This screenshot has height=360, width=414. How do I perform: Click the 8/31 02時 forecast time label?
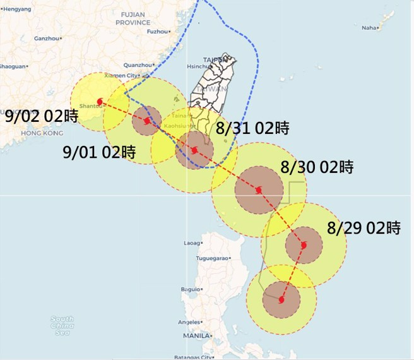pyautogui.click(x=252, y=129)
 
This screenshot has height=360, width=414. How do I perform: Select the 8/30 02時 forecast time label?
pyautogui.click(x=317, y=168)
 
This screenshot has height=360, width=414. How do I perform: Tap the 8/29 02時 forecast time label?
pyautogui.click(x=364, y=229)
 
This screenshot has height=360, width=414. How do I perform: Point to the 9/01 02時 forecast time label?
pyautogui.click(x=100, y=152)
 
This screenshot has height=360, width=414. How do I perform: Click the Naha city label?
pyautogui.click(x=369, y=28)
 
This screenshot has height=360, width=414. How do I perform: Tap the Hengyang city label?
pyautogui.click(x=16, y=8)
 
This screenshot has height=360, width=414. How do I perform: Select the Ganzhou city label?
pyautogui.click(x=45, y=39)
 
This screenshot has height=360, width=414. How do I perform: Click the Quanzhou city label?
pyautogui.click(x=138, y=65)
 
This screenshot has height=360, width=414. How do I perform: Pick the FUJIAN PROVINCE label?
pyautogui.click(x=133, y=18)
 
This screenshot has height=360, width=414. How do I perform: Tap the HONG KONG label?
pyautogui.click(x=39, y=133)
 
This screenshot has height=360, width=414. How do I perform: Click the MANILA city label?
pyautogui.click(x=196, y=336)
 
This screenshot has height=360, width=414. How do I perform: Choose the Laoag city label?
pyautogui.click(x=191, y=243)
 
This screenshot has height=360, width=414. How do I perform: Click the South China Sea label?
pyautogui.click(x=62, y=326)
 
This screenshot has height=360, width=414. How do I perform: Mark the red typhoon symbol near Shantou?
pyautogui.click(x=100, y=101)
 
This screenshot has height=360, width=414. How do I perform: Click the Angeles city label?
pyautogui.click(x=189, y=322)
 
